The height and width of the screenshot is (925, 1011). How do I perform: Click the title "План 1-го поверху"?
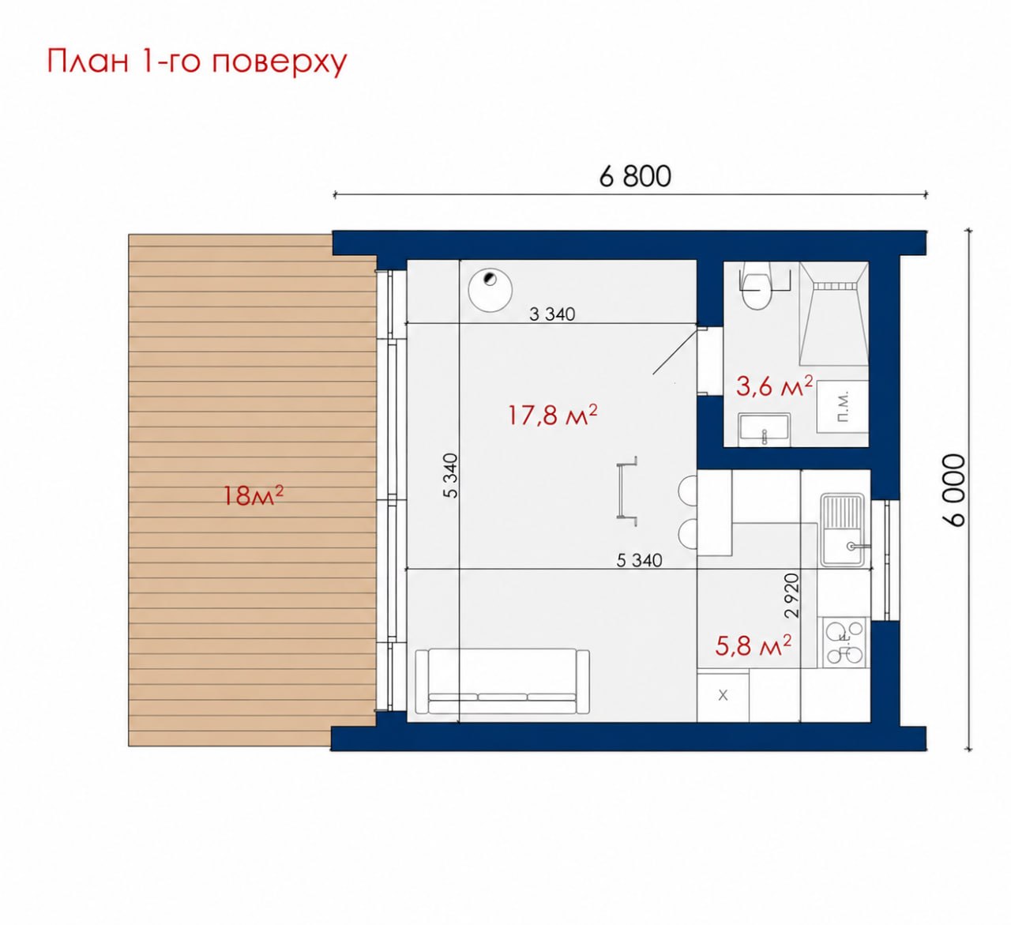(x=197, y=62)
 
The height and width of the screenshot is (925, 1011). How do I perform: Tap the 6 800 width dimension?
(x=635, y=176)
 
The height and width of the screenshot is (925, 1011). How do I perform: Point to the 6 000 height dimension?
(x=955, y=491)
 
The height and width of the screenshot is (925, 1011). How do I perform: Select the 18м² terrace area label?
(x=253, y=495)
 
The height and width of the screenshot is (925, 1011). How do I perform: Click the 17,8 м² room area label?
(x=552, y=415)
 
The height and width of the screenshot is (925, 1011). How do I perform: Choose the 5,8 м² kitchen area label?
(x=753, y=645)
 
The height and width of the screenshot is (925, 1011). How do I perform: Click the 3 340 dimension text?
(x=552, y=314)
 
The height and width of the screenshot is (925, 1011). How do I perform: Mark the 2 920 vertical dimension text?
(x=791, y=596)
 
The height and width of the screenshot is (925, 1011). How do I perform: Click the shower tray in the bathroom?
(x=833, y=314)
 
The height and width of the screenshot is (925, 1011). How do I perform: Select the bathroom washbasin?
(x=765, y=430)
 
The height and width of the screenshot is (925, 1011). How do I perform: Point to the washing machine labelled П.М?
(x=842, y=406)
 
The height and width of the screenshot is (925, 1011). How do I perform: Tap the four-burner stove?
(x=844, y=643)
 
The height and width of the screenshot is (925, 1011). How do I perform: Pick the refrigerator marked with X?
(x=723, y=696)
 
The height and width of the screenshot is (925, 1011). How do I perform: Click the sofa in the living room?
(x=502, y=681)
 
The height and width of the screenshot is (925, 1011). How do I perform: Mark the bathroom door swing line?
(x=676, y=351)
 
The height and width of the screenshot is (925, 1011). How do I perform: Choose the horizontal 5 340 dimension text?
(x=639, y=560)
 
